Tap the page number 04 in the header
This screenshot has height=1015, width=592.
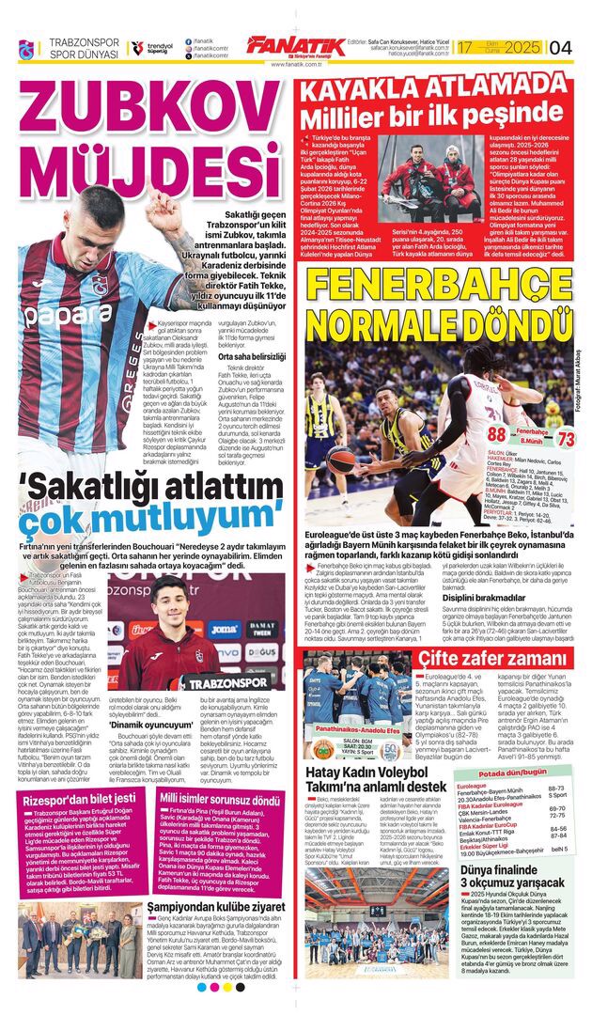coord(560,47)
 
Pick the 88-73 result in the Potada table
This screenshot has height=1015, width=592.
coord(557,789)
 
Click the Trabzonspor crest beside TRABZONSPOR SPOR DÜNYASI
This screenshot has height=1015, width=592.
coord(25,48)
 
